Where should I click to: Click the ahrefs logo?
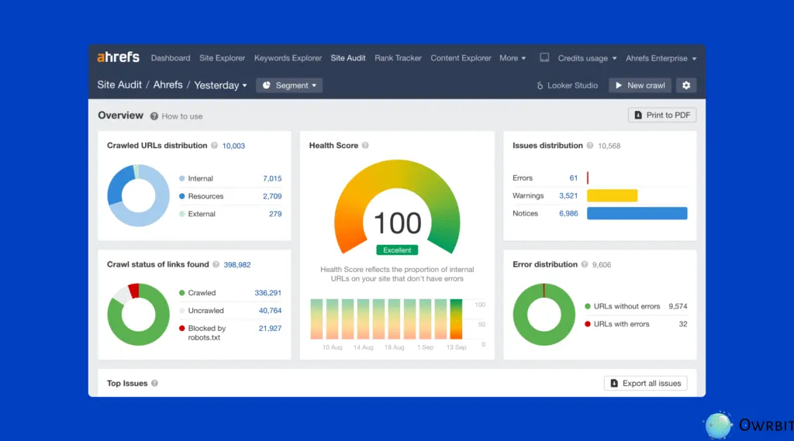click(118, 57)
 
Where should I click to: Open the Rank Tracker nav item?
click(398, 58)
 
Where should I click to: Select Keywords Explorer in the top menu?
click(288, 58)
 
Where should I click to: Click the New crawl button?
click(640, 85)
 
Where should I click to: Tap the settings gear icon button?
click(685, 85)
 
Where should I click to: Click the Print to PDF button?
click(661, 115)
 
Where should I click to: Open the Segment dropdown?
click(289, 85)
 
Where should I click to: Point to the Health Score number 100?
click(398, 223)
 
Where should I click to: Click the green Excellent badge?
click(397, 250)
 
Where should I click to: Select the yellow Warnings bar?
click(612, 196)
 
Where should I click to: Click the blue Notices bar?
click(637, 213)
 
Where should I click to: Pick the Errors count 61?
click(574, 178)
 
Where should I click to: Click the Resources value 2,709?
click(272, 196)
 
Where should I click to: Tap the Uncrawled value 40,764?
click(270, 311)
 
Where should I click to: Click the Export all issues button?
click(645, 383)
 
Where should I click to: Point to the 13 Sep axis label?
click(455, 347)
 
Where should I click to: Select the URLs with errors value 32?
click(682, 324)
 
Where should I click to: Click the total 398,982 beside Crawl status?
click(237, 264)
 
